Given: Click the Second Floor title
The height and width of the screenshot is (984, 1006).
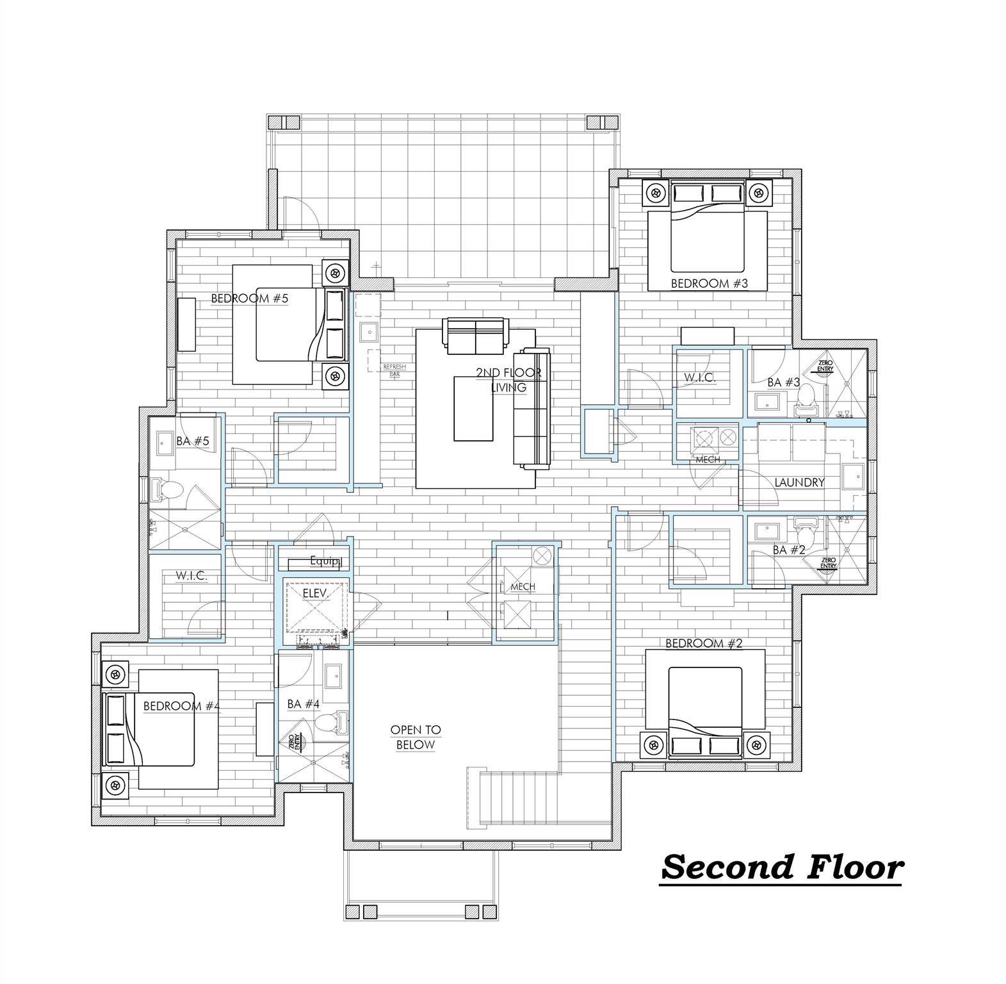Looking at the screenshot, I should pos(781,867).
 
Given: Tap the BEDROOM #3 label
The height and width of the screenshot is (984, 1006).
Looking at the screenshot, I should pos(709,283).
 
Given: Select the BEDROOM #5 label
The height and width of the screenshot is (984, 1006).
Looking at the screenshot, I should pos(250,298).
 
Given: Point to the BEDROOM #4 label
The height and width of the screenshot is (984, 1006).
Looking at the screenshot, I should pos(181,706).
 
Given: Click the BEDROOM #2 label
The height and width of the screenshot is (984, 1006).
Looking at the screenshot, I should pos(704,643).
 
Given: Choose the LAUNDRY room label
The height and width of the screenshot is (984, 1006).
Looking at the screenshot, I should pos(799,482).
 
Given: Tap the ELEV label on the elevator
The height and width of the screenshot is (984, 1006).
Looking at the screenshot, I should pos(315,594).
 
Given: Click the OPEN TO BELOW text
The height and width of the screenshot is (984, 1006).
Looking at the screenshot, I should pos(416,737).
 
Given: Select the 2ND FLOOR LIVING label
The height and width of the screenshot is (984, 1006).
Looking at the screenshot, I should pos(508,380).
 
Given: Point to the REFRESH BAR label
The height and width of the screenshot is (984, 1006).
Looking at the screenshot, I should pos(394,371).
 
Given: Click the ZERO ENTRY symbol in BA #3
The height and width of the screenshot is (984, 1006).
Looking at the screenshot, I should pos(825,366).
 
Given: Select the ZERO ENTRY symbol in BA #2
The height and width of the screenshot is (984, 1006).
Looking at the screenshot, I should pos(827,563).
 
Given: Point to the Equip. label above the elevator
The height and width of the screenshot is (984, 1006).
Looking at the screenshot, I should pos(324,561).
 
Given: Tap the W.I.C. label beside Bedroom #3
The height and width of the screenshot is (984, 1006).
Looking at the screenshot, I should pos(699,378).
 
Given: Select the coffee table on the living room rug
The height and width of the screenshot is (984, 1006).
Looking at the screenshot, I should pos(473,408).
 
